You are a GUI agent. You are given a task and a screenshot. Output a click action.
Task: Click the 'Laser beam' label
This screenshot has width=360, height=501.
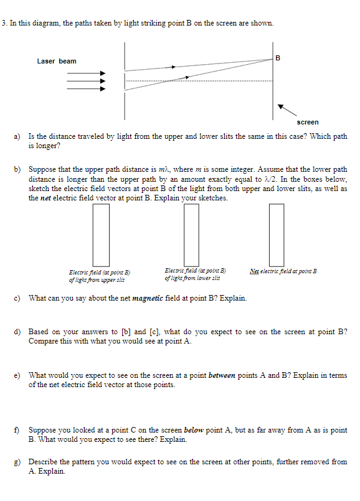(57, 61)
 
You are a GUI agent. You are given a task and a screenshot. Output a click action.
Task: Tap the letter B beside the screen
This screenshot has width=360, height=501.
(278, 59)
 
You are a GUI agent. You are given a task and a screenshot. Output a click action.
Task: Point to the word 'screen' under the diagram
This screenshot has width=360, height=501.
(308, 122)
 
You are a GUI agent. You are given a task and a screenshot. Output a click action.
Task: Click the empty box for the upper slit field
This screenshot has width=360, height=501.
(101, 235)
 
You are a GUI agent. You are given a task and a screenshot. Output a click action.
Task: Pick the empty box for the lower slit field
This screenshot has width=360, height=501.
(191, 235)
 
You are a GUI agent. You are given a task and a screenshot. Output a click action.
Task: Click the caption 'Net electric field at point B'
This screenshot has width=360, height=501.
(282, 271)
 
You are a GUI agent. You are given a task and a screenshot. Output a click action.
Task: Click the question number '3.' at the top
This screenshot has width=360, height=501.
(4, 23)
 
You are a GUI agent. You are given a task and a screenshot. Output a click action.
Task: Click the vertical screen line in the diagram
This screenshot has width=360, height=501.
(272, 87)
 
